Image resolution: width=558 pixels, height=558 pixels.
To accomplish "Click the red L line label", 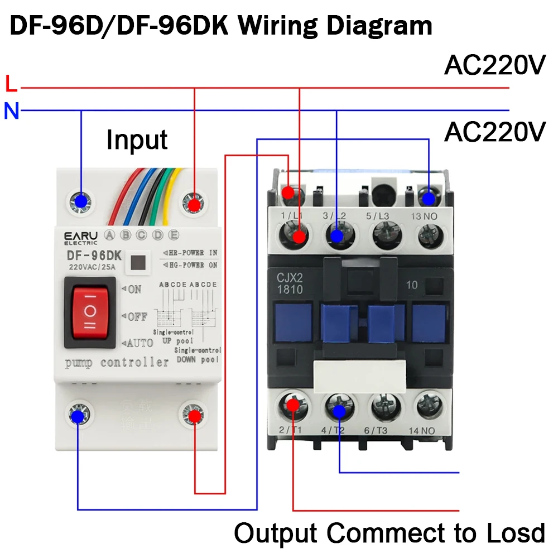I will (11, 84).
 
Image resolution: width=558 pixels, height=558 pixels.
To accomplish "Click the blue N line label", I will (11, 112).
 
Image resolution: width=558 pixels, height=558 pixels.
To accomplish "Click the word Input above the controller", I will (137, 139).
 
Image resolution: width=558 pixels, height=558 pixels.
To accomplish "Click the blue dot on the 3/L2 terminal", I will (336, 237).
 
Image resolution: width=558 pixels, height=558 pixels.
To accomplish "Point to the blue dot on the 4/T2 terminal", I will (339, 412).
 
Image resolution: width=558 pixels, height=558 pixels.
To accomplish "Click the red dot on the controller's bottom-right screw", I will (194, 417).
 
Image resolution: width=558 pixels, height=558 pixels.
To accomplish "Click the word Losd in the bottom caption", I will (514, 533).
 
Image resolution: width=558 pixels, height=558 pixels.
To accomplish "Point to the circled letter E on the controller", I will (174, 234).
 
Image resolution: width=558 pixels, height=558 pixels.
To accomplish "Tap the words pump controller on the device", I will (117, 363).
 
